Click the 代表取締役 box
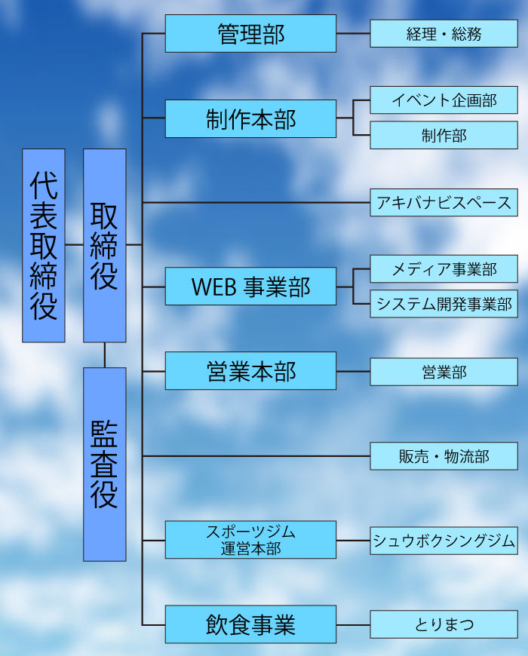(44, 245)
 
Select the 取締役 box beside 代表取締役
(104, 245)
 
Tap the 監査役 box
(104, 464)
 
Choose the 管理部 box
(250, 34)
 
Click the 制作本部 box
(250, 118)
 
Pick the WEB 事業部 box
(250, 287)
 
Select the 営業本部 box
(250, 371)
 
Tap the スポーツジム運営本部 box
(250, 540)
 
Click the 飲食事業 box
(250, 624)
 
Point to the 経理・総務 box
(444, 34)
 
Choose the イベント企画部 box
(444, 100)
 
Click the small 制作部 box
(444, 136)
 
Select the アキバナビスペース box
(444, 203)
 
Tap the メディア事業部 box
(444, 268)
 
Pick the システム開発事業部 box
(444, 304)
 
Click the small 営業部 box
(444, 372)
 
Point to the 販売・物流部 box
(444, 456)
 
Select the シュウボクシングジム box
(444, 541)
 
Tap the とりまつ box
(444, 624)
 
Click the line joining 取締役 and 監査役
(104, 355)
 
